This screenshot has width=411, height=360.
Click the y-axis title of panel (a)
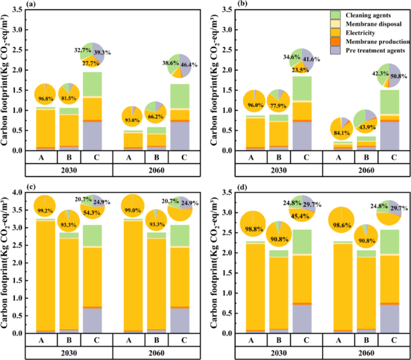pyautogui.click(x=7, y=84)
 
